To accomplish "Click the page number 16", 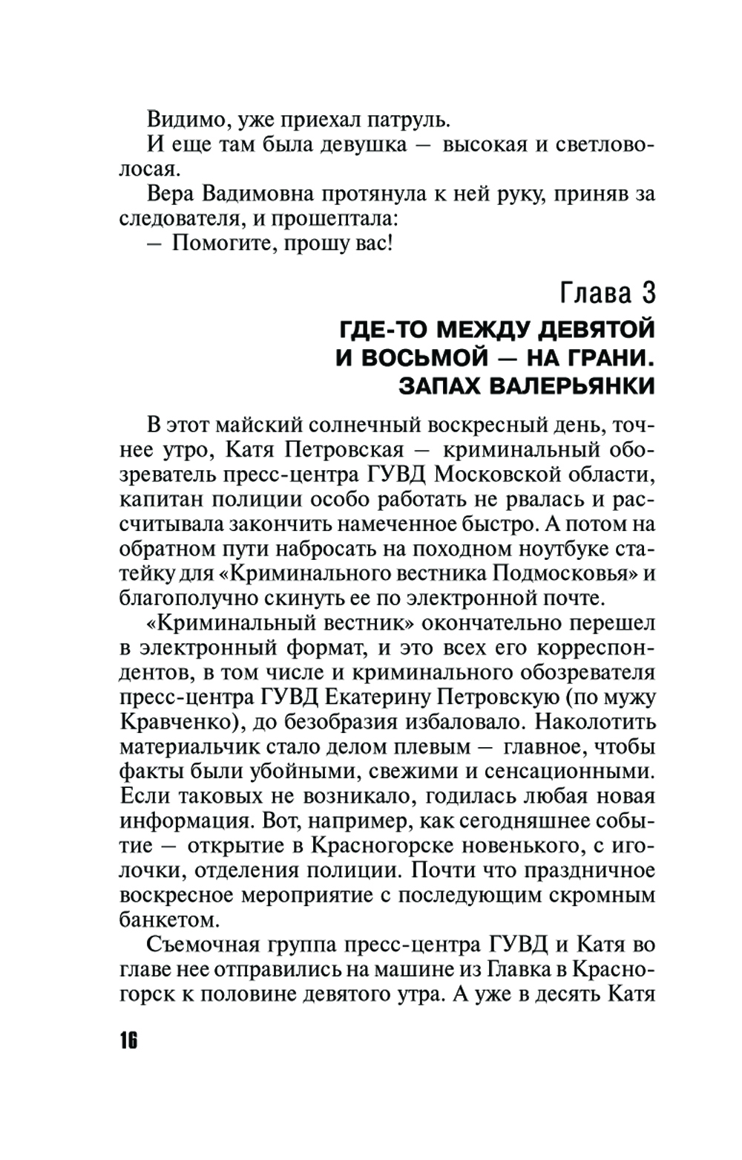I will [128, 1040].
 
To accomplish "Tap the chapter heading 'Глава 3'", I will [608, 293].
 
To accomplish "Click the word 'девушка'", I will [362, 144].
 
